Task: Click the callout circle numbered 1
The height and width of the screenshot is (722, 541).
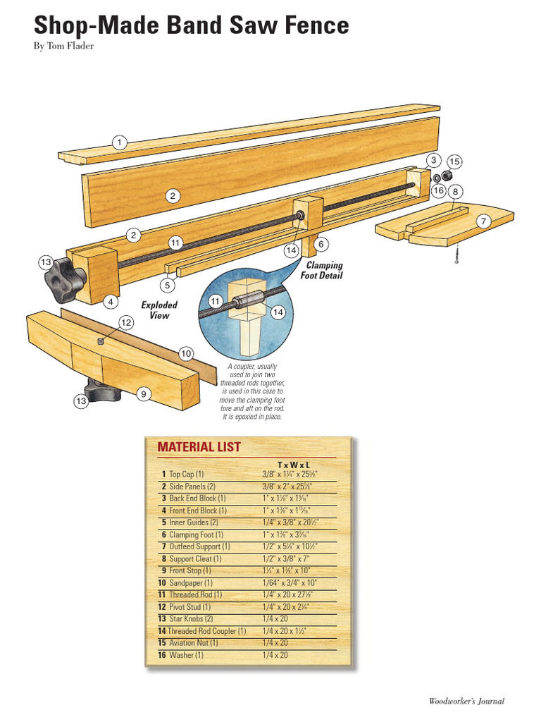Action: (x=120, y=142)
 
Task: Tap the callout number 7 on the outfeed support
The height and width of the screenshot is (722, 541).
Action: (x=483, y=221)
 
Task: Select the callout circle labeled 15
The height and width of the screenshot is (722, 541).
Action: (x=454, y=162)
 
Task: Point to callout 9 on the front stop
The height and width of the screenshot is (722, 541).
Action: (x=143, y=395)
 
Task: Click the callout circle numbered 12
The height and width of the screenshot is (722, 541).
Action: (x=126, y=322)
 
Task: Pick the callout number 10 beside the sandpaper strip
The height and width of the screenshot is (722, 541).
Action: (x=186, y=353)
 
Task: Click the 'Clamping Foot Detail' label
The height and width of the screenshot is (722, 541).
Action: (x=323, y=271)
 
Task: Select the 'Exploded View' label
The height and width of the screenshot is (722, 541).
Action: (x=159, y=310)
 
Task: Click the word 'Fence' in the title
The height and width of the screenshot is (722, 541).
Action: (x=311, y=26)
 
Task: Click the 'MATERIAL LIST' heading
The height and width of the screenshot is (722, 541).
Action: (x=199, y=447)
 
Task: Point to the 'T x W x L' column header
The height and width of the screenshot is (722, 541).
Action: (x=294, y=465)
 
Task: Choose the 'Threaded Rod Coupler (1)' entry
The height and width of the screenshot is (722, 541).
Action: (x=206, y=631)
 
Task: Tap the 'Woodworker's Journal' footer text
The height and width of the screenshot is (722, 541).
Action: (x=466, y=701)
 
